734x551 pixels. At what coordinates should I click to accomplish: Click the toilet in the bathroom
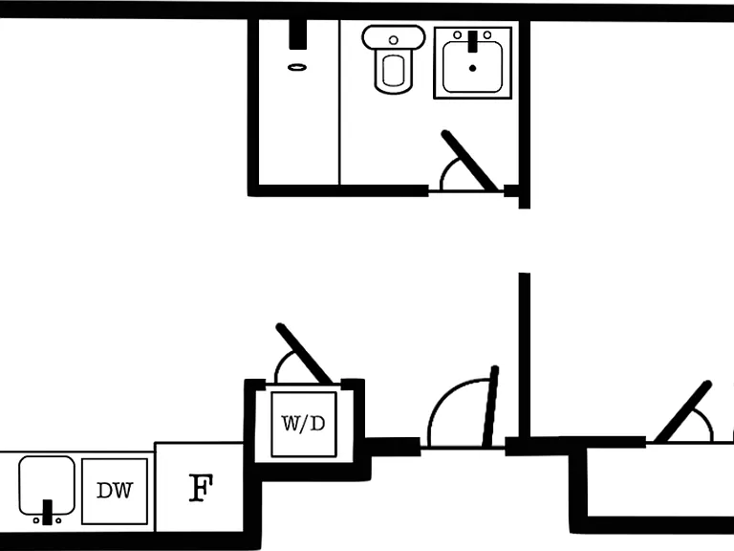[x=394, y=59]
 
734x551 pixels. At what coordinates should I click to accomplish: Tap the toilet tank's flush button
[x=394, y=40]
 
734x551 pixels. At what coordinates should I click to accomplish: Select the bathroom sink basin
[x=473, y=67]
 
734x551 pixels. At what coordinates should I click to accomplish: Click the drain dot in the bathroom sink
[x=472, y=69]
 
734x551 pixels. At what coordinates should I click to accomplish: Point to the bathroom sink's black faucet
[x=473, y=41]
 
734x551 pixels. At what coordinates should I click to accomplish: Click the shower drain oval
[x=297, y=68]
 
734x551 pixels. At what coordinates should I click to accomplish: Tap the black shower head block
[x=298, y=34]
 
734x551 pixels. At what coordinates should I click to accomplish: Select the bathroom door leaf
[x=470, y=161]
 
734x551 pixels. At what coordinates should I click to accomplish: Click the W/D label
[x=303, y=424]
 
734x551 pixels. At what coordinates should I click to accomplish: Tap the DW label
[x=115, y=491]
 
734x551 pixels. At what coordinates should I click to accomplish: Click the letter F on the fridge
[x=201, y=488]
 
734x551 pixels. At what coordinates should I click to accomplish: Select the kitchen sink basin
[x=47, y=485]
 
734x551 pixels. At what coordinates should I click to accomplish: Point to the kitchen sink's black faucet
[x=47, y=512]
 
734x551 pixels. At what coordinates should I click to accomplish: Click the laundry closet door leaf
[x=304, y=353]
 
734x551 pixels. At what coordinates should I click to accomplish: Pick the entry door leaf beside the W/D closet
[x=490, y=407]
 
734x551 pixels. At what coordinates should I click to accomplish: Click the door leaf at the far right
[x=683, y=411]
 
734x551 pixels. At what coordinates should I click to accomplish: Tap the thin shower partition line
[x=339, y=102]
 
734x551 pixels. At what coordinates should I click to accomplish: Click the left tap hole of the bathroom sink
[x=458, y=35]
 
